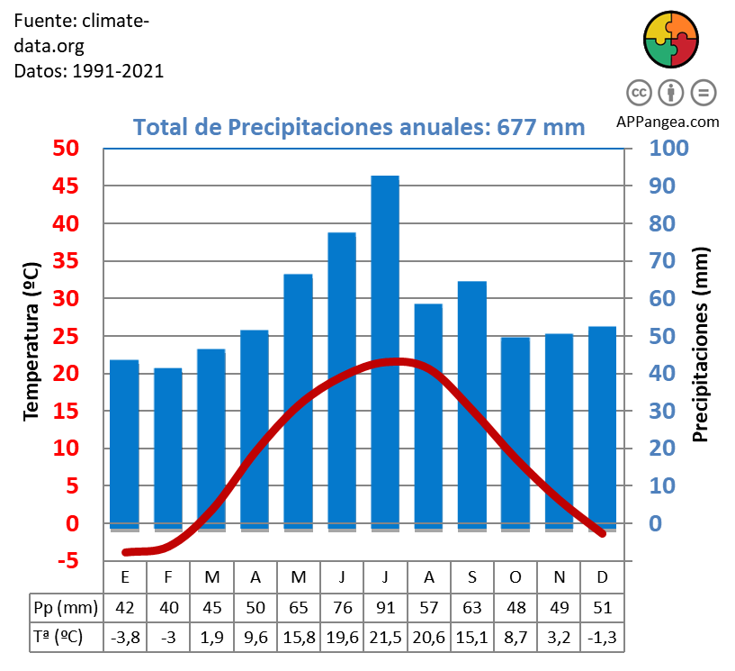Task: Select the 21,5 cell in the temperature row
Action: (x=385, y=637)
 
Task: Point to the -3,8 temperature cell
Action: (x=125, y=637)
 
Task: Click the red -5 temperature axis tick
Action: (x=66, y=561)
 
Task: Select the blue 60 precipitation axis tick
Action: (x=662, y=298)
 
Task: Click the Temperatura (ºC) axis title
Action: (x=31, y=341)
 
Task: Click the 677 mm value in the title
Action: (x=541, y=127)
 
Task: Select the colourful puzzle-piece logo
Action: (x=671, y=39)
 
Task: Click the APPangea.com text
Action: (x=668, y=122)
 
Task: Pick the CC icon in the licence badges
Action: (x=639, y=92)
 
